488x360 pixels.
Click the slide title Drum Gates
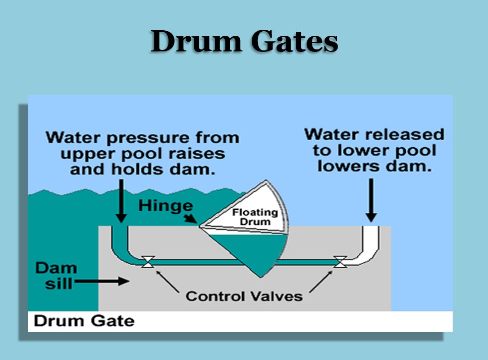click(x=244, y=41)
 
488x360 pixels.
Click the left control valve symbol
click(x=148, y=261)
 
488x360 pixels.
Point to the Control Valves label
click(x=244, y=295)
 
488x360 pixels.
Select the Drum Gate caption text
click(x=84, y=321)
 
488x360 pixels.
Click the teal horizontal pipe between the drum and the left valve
click(x=202, y=261)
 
